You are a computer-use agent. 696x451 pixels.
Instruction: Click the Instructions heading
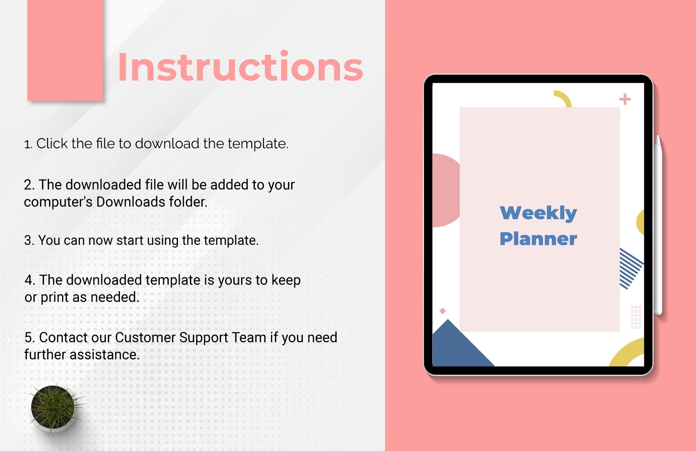[240, 67]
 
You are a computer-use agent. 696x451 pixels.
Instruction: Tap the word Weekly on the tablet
[538, 213]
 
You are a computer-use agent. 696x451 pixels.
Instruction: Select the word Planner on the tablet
[538, 239]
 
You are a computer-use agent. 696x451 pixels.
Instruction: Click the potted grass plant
[55, 407]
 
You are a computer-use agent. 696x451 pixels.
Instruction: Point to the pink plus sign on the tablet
[625, 99]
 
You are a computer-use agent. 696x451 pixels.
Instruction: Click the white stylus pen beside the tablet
[658, 225]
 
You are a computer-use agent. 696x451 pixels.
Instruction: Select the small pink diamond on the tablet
[443, 311]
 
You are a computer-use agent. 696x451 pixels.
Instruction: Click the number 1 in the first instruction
[27, 144]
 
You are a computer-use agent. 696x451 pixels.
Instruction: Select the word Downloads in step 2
[130, 202]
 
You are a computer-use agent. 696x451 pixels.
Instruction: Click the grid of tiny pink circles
[636, 317]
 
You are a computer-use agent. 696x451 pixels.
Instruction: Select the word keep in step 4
[286, 280]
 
